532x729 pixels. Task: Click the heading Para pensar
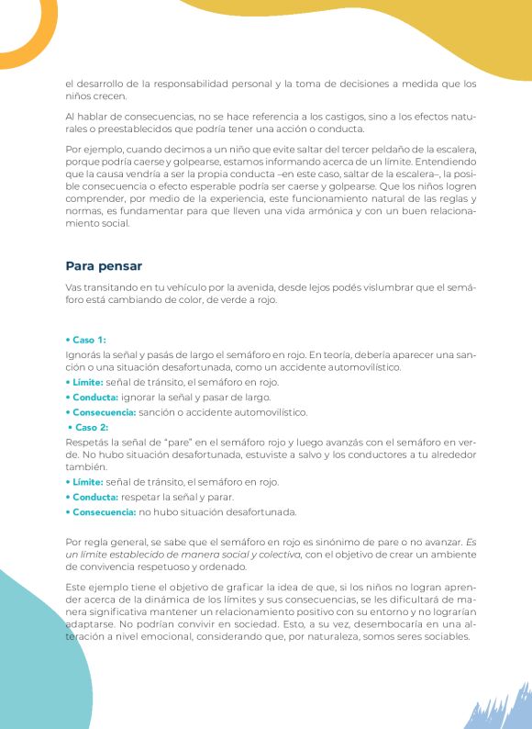[x=104, y=266]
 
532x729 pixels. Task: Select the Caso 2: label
[x=88, y=427]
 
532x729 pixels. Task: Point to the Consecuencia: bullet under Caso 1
[x=101, y=412]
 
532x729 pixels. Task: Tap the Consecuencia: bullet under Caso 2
[x=101, y=511]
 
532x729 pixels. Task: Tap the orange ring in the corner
[x=26, y=23]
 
